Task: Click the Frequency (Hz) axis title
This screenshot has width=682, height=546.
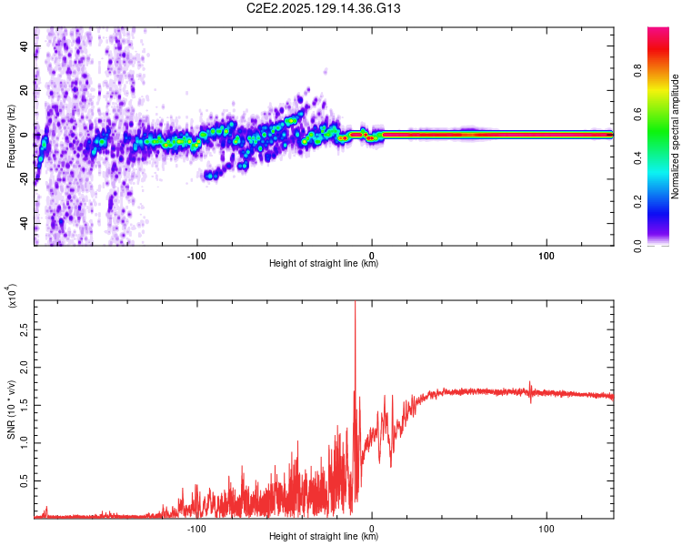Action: pos(11,136)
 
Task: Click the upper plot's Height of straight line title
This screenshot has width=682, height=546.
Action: pos(324,263)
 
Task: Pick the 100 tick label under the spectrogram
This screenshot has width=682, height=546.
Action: pos(547,254)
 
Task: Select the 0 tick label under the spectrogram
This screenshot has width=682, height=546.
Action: pos(372,254)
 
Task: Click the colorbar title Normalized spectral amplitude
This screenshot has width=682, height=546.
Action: pos(676,136)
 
